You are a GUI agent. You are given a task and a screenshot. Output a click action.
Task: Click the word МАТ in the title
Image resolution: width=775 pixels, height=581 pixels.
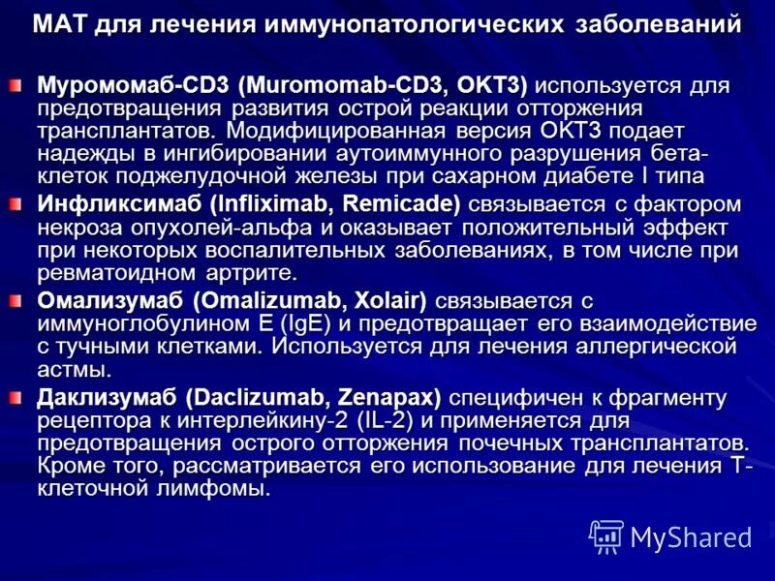60,23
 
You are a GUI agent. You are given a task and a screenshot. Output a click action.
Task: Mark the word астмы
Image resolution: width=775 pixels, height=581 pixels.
74,369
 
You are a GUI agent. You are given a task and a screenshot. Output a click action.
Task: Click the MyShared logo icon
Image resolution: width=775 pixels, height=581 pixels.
607,536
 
